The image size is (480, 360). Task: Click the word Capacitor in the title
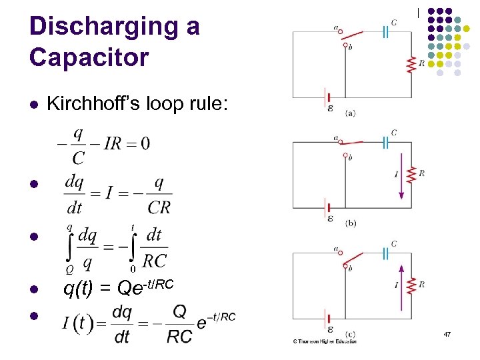click(x=89, y=57)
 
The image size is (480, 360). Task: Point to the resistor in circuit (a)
click(x=411, y=65)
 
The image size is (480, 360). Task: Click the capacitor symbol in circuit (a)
click(x=385, y=32)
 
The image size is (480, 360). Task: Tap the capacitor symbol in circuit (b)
click(x=385, y=141)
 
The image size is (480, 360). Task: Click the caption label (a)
click(x=351, y=113)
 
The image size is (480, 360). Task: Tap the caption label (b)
click(x=351, y=223)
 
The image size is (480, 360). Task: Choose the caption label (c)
click(x=351, y=333)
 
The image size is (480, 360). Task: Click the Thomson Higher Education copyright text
click(x=325, y=341)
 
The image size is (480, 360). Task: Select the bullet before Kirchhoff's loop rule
click(x=34, y=105)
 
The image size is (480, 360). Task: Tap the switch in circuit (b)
click(x=351, y=142)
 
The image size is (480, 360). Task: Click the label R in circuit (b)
click(x=422, y=174)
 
